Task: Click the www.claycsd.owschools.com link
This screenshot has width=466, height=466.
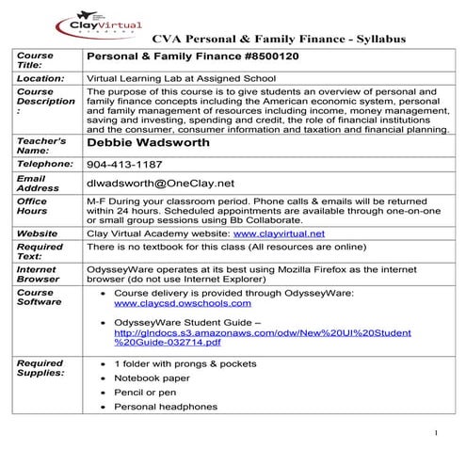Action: [182, 305]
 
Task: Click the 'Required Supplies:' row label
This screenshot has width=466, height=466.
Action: [40, 368]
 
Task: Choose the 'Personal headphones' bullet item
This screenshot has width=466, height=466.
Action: [166, 407]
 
